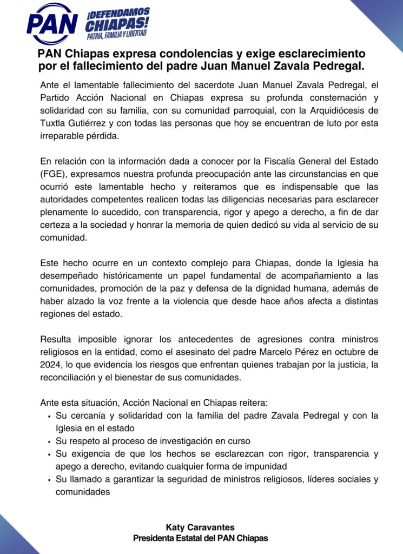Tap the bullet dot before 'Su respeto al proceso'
click(49, 441)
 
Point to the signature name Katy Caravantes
click(201, 526)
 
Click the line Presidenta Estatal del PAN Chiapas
click(201, 538)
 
